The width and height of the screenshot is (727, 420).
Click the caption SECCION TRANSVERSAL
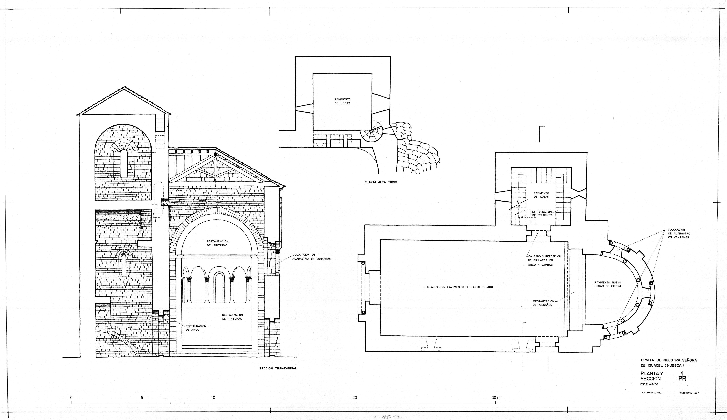tap(278, 368)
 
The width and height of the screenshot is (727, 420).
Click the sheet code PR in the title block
tap(682, 379)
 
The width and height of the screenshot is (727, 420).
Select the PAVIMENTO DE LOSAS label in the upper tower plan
tap(342, 101)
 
